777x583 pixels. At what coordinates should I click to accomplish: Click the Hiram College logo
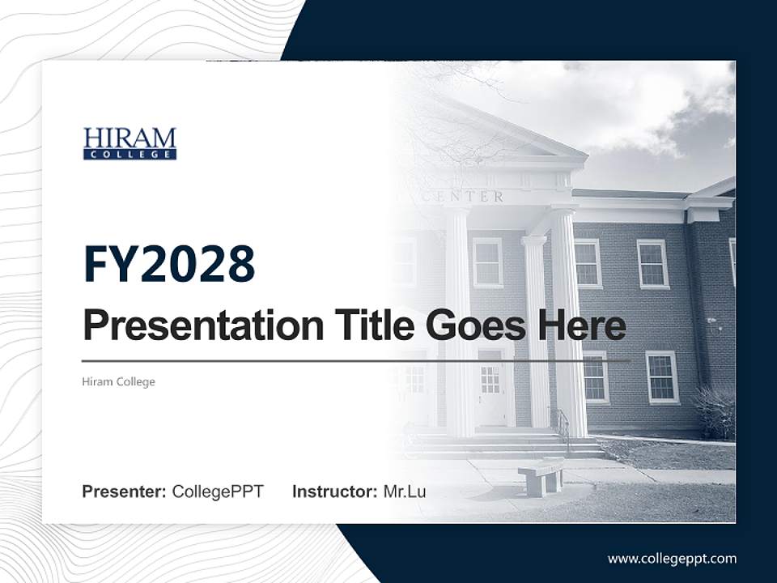click(x=129, y=143)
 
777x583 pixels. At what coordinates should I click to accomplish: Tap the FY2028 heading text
click(x=169, y=263)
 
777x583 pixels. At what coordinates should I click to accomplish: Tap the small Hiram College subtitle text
click(x=118, y=381)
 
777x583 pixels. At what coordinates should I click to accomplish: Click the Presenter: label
click(x=125, y=492)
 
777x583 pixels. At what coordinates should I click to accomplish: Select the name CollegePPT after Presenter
click(x=218, y=492)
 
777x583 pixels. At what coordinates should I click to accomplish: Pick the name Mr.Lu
click(x=405, y=492)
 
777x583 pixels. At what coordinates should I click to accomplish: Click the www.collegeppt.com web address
click(x=672, y=558)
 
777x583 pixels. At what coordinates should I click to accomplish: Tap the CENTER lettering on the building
click(x=474, y=197)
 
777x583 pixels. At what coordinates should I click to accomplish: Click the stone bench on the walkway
click(x=541, y=477)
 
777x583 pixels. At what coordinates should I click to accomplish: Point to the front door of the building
click(x=490, y=389)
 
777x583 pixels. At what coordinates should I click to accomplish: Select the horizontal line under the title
click(x=356, y=361)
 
